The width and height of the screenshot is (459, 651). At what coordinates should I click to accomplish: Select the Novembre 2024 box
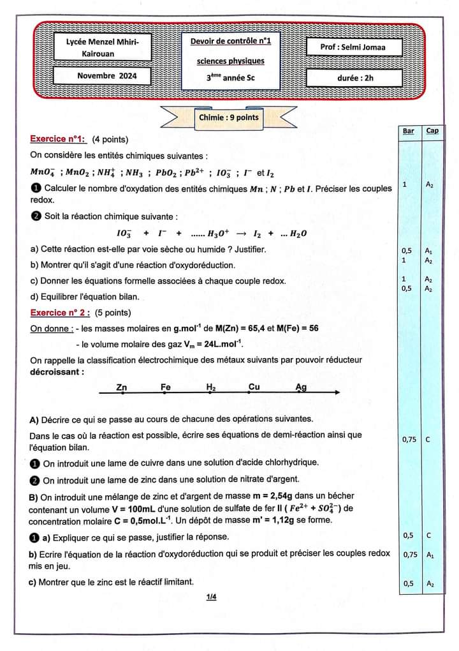pos(103,76)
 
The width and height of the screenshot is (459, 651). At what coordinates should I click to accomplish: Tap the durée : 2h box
pos(355,77)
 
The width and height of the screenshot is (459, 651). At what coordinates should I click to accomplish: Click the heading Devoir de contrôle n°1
pos(230,41)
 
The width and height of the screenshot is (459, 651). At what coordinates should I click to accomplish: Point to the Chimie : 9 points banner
pos(229,117)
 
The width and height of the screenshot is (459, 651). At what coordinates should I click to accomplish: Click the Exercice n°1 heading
pos(58,139)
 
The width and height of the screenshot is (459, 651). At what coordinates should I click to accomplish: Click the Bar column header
pos(409,131)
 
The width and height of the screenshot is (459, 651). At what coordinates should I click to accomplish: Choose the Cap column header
pos(432,131)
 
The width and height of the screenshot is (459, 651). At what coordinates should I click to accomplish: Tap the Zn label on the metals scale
pos(122,387)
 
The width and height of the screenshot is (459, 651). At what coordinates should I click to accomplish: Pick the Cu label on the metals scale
pos(254,387)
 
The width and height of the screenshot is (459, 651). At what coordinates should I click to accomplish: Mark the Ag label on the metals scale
pos(301,387)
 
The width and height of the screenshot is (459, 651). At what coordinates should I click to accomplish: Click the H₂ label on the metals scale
pos(211,387)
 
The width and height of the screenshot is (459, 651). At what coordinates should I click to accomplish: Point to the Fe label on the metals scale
pos(166,387)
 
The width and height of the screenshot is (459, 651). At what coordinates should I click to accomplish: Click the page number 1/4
pos(212,597)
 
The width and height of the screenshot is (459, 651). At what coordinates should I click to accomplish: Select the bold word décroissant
pos(57,371)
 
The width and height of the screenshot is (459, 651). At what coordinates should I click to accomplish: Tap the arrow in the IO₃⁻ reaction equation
pos(240,234)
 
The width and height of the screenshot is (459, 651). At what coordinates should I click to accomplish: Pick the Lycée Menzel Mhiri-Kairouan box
pos(103,47)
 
